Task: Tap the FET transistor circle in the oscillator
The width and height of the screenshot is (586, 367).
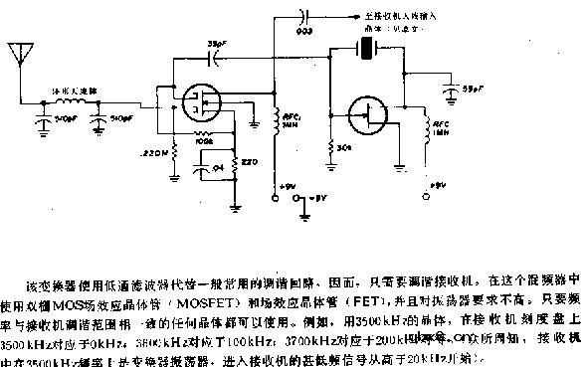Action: tap(372, 117)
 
